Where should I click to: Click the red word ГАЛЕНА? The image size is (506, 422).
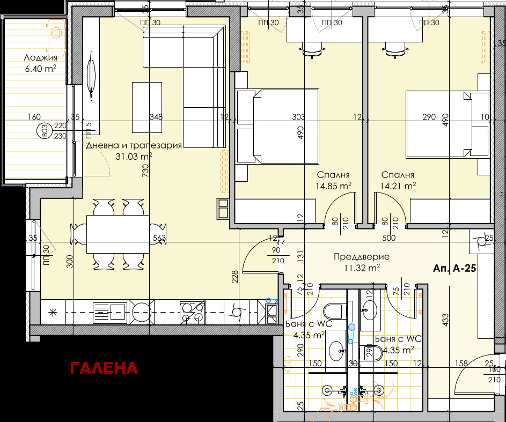pos(104,368)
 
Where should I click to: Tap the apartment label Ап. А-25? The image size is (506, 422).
pos(454,268)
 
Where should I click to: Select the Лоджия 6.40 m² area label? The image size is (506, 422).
pos(41,63)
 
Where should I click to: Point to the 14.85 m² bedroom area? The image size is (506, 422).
pos(334,186)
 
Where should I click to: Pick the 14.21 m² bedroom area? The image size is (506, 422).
pos(398,186)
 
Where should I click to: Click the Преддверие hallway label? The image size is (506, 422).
pos(362,257)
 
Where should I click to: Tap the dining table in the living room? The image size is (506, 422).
pos(118,234)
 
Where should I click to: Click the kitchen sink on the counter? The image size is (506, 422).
pos(109,313)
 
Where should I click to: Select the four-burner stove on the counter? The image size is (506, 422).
pos(192,313)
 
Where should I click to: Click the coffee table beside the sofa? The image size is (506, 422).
pos(147,107)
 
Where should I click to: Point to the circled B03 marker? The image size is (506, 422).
pos(45,131)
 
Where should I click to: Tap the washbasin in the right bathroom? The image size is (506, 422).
pos(369,310)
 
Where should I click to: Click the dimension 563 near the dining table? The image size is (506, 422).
pos(159,238)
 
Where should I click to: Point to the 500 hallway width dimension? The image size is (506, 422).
pos(389,238)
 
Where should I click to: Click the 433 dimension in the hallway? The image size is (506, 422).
pos(445,320)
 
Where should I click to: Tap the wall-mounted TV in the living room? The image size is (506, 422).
pos(92,76)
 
